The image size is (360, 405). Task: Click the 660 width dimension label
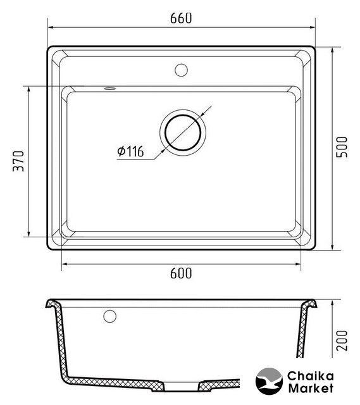(181, 18)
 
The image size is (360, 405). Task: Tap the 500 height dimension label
(342, 147)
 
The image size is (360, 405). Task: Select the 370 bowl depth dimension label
(18, 161)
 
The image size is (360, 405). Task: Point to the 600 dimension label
(181, 273)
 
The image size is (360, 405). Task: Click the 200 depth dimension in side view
(342, 340)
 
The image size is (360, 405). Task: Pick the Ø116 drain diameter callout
(130, 151)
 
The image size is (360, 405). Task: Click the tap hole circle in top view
(181, 70)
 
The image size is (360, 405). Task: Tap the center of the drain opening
(183, 132)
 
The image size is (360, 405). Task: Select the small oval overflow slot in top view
(109, 89)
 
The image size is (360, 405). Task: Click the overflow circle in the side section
(109, 316)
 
